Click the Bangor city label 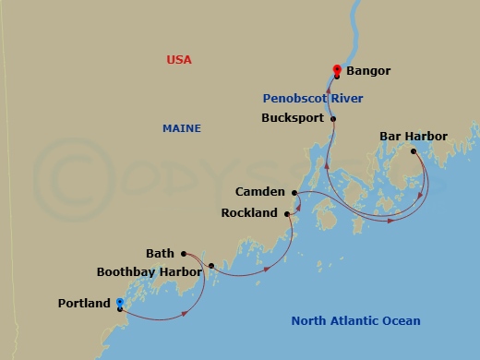[368, 71]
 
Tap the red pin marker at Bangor [337, 69]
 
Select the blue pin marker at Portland [120, 303]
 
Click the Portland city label [84, 303]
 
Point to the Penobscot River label [312, 98]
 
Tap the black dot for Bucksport [333, 118]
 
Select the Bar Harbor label [414, 137]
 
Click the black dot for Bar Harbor [414, 151]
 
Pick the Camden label [261, 192]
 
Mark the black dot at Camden [295, 193]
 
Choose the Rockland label [249, 213]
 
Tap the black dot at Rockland [287, 213]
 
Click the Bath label [160, 253]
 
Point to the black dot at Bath [184, 253]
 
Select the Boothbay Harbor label [147, 272]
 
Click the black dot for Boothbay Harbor [211, 266]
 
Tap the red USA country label [179, 60]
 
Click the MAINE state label [182, 128]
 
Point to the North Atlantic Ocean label [355, 321]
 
